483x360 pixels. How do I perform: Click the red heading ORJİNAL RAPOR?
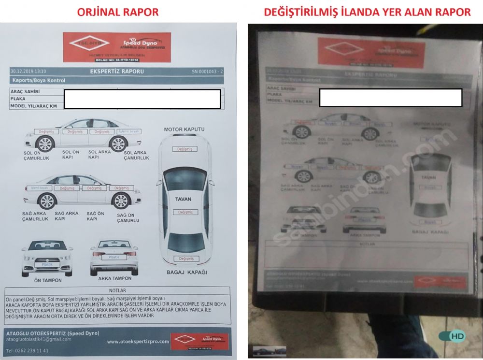[118, 12]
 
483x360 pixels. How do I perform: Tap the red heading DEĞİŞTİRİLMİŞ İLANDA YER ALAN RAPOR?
[367, 12]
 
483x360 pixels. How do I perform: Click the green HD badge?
[456, 335]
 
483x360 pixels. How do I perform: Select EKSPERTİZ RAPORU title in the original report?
[117, 72]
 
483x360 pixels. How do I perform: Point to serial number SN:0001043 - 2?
[207, 72]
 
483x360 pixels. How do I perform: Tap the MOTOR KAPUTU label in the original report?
[184, 130]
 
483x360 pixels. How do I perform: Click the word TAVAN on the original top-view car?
[183, 199]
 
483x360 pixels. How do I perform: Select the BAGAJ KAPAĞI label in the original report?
[186, 273]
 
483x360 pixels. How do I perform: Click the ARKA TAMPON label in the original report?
[114, 278]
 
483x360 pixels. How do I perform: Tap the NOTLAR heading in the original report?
[118, 290]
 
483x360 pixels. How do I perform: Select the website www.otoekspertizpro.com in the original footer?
[138, 342]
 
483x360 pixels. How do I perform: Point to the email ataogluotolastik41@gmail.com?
[38, 339]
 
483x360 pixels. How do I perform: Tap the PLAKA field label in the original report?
[18, 99]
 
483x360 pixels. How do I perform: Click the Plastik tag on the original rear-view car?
[114, 257]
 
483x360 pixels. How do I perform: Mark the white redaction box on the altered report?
[390, 98]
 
